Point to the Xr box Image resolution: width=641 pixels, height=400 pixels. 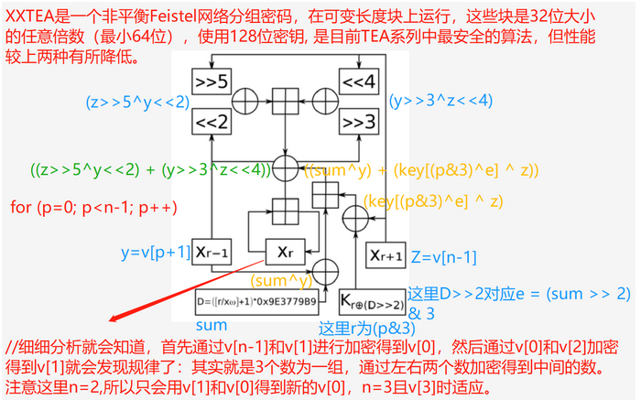click(285, 249)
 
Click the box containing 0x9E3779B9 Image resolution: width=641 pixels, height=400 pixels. click(256, 299)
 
